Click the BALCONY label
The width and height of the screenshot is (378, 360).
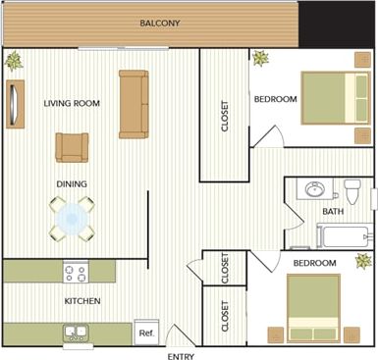[x=159, y=23]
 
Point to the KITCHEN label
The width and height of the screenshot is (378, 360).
[x=81, y=302]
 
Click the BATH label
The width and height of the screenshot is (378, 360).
[x=333, y=212]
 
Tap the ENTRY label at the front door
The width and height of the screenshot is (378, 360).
[x=181, y=354]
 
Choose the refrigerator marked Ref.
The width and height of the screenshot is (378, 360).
[x=146, y=334]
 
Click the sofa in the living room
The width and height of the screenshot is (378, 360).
[x=134, y=104]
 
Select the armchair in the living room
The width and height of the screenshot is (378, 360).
[x=72, y=147]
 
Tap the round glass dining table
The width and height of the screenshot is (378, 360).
[x=72, y=218]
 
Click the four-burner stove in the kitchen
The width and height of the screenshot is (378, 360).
[x=76, y=272]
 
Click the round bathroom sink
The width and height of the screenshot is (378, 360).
[x=315, y=189]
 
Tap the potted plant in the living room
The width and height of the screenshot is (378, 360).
[x=14, y=61]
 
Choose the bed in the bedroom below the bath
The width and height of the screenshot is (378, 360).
[x=313, y=309]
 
